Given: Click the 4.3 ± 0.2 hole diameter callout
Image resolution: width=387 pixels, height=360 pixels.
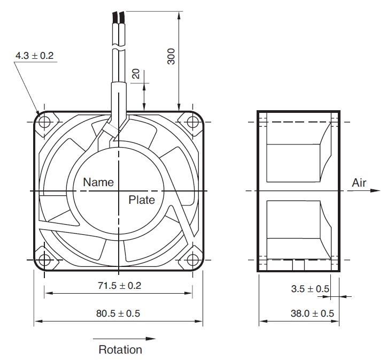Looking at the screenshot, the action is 35,56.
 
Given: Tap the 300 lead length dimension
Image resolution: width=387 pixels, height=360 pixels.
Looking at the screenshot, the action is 171,57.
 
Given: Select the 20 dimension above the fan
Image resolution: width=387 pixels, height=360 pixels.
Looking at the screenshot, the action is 136,74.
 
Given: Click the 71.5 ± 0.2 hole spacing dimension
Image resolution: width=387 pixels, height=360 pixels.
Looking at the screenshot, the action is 119,286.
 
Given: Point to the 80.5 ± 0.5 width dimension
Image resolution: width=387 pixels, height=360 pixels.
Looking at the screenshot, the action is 118,313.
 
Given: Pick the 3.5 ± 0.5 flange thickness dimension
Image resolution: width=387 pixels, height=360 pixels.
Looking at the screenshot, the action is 310,289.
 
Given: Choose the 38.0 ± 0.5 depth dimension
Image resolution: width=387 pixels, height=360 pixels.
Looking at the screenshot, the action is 312,313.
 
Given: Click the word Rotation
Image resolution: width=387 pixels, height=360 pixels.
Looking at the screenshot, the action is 120,350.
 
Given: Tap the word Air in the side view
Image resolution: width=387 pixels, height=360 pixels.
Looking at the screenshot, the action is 359,183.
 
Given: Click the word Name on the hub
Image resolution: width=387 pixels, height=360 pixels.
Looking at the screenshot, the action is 98,182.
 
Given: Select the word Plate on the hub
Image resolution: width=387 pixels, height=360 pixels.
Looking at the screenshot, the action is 142,200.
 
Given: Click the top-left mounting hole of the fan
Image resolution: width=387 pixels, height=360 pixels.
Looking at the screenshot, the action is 44,122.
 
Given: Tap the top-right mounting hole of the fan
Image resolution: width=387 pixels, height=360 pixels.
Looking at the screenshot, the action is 192,122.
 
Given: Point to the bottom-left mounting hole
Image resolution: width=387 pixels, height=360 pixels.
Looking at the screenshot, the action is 44,260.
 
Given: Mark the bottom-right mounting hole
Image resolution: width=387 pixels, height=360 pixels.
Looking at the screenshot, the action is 192,260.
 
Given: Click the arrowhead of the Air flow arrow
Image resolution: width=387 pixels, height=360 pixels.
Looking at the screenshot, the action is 376,190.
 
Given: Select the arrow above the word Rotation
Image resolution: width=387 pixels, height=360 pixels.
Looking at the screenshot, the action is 125,339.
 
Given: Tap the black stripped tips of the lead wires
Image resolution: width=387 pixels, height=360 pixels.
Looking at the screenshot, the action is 119,17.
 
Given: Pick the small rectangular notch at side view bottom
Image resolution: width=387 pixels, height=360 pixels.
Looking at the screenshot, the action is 298,265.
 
